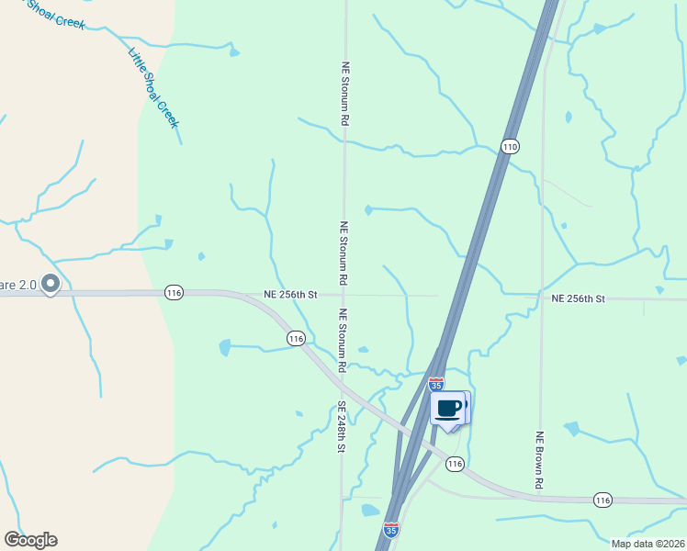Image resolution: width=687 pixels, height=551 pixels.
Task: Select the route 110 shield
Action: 511,146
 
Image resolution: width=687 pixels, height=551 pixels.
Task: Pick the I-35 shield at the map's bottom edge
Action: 392,530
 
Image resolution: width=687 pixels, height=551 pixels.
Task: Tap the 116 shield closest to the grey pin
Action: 174,292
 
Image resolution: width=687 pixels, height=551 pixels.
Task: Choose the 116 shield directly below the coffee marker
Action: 455,464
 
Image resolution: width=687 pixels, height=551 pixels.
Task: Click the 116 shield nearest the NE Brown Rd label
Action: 603,500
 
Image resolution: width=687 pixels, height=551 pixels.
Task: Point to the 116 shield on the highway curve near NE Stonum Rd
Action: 295,339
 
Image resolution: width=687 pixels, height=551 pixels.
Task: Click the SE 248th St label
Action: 340,427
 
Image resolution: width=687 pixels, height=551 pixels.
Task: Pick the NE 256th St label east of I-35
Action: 579,298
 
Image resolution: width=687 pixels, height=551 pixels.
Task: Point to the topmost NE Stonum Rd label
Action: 345,94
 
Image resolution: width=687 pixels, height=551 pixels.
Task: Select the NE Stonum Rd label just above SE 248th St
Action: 343,340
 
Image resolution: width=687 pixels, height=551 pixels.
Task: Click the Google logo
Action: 30,540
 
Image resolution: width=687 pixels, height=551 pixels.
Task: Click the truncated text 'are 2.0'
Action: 18,286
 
